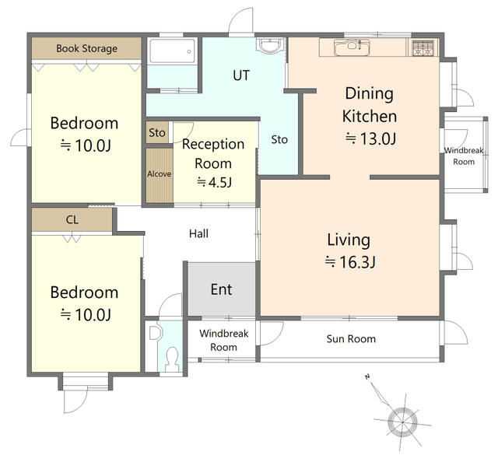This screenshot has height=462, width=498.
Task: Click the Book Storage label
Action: [x=86, y=48]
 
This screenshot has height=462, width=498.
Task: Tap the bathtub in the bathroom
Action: [x=172, y=51]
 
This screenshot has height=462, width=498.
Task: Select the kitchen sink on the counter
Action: [x=352, y=47]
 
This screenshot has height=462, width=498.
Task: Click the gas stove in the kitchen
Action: [x=423, y=47]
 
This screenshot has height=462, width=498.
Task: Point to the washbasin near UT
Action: [x=270, y=45]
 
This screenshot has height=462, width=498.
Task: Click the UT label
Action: [x=241, y=75]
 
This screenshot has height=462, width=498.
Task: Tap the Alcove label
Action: [x=159, y=174]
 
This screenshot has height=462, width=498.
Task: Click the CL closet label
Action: [x=72, y=220]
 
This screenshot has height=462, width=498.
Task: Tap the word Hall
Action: [x=198, y=233]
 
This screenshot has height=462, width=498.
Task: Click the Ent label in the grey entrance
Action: [x=221, y=289]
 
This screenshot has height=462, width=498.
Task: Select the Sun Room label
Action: [x=351, y=339]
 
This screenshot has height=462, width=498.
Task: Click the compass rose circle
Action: [x=402, y=422]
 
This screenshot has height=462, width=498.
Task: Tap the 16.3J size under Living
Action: [x=350, y=262]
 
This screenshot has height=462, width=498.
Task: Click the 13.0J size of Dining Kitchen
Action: [x=370, y=138]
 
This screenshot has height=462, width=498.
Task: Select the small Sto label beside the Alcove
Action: [x=157, y=133]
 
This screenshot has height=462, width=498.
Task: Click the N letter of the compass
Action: [x=367, y=377]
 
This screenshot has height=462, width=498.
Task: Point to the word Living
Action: [x=349, y=240]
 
